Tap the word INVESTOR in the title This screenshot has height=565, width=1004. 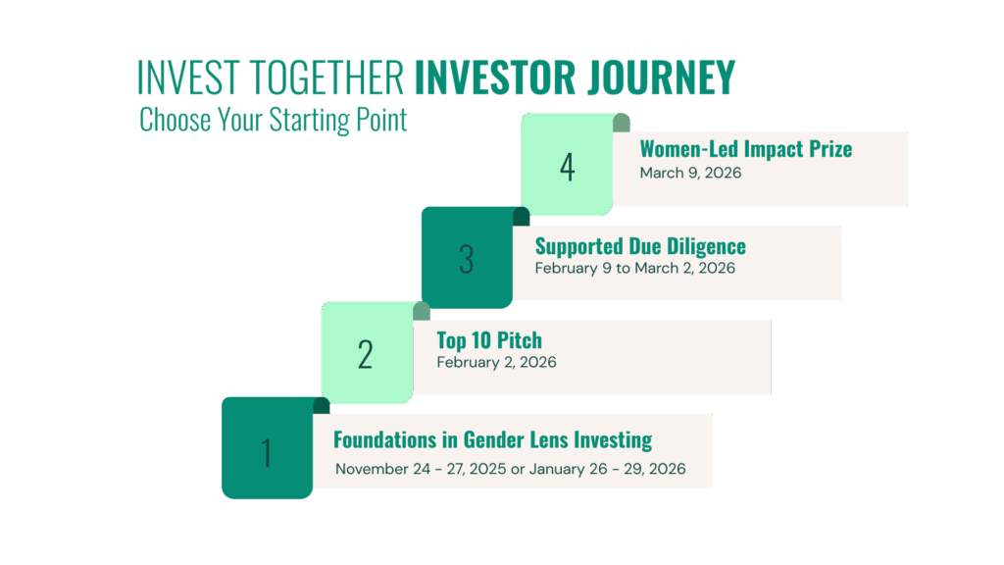point(495,77)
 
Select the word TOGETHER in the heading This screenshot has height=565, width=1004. point(326,77)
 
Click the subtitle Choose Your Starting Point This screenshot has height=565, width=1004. point(273,120)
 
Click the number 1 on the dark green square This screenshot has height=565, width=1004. point(267,453)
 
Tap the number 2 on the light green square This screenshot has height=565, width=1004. point(365,355)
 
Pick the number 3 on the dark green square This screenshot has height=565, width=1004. point(466,259)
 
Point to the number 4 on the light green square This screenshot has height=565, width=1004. point(568,167)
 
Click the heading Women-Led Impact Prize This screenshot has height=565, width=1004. point(746,149)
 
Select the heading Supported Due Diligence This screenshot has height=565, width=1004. point(640,246)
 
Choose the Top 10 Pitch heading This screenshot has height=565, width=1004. point(489,340)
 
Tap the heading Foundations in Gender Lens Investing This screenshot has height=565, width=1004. point(492,440)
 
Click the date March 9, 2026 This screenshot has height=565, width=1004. point(690,173)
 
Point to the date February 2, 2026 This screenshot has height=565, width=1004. point(496,363)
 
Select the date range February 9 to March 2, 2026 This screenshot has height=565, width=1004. point(634,269)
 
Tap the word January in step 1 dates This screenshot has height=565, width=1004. point(557,470)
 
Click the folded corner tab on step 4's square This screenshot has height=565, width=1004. point(621,123)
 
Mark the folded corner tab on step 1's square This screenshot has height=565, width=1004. point(322,405)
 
